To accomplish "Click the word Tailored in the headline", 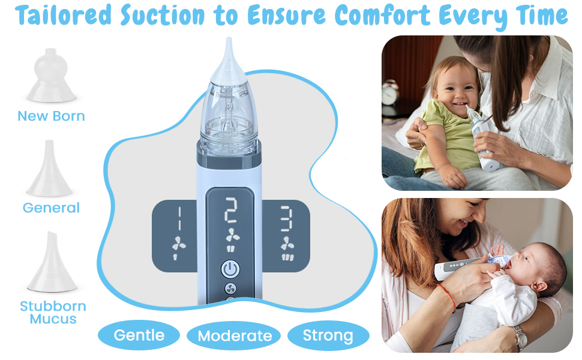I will tap(62, 16).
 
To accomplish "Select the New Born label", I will tap(51, 116).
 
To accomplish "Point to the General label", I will tap(51, 208).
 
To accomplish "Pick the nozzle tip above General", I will tap(50, 168).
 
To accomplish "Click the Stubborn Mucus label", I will tap(53, 312).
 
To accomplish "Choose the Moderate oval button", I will tap(235, 336).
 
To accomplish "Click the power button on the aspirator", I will tap(230, 269).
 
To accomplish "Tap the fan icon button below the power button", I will tap(230, 288).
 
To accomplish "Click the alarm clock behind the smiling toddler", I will tap(390, 92).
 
